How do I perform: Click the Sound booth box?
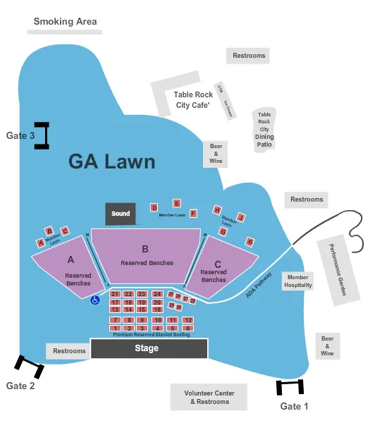pyautogui.click(x=121, y=214)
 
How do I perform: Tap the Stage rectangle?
pyautogui.click(x=149, y=349)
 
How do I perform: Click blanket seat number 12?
pyautogui.click(x=187, y=320)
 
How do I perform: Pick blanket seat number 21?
pyautogui.click(x=115, y=294)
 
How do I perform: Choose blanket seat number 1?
pyautogui.click(x=115, y=329)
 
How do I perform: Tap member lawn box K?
pyautogui.click(x=249, y=242)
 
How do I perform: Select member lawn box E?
pyautogui.click(x=177, y=203)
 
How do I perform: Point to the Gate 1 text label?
pyautogui.click(x=295, y=406)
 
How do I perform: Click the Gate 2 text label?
pyautogui.click(x=20, y=386)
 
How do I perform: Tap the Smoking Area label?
pyautogui.click(x=66, y=21)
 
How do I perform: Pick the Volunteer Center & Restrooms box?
pyautogui.click(x=209, y=398)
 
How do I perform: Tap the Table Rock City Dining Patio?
pyautogui.click(x=264, y=130)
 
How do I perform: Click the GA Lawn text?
pyautogui.click(x=111, y=161)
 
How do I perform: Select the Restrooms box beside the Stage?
pyautogui.click(x=69, y=350)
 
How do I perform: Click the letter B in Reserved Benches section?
pyautogui.click(x=145, y=248)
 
